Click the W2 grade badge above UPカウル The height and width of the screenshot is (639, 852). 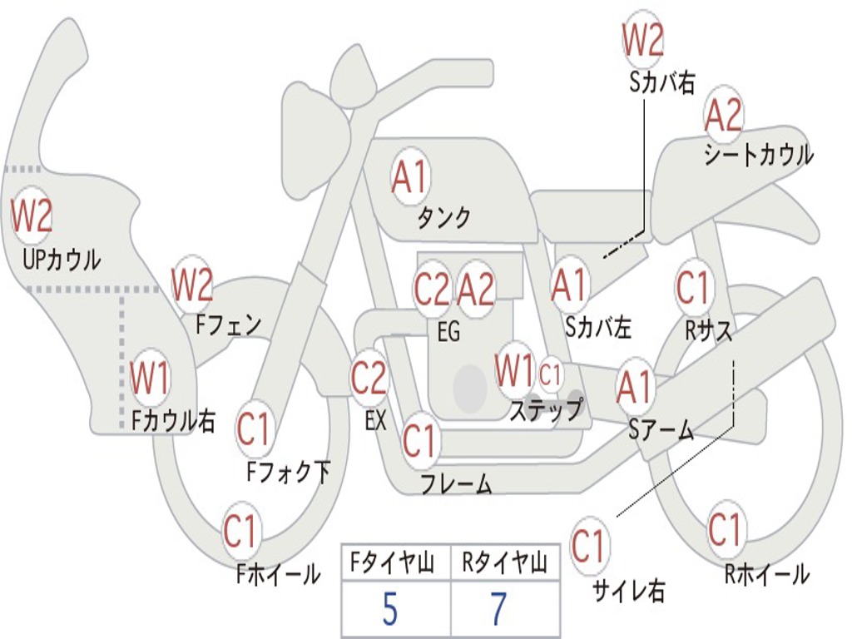[32, 215]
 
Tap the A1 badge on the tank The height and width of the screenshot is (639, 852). [411, 177]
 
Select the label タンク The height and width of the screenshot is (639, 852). [444, 218]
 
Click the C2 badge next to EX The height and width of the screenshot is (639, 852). [369, 377]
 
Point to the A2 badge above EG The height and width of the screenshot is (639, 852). [476, 289]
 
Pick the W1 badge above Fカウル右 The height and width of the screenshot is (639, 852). [149, 376]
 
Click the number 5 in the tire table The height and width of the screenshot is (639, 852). [389, 609]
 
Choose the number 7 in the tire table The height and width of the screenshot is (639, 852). [499, 609]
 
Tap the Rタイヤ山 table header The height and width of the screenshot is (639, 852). [505, 562]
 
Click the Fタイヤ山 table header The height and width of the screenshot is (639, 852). [393, 562]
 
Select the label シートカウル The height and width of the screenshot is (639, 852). [759, 155]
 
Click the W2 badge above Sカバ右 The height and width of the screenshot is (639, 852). [643, 40]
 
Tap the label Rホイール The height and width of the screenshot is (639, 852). [766, 574]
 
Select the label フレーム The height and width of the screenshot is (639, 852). [457, 483]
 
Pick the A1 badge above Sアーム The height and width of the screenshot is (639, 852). [634, 386]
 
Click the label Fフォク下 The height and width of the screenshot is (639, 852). [289, 472]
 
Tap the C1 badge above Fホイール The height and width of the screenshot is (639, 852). [240, 530]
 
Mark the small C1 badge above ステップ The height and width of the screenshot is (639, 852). [549, 374]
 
